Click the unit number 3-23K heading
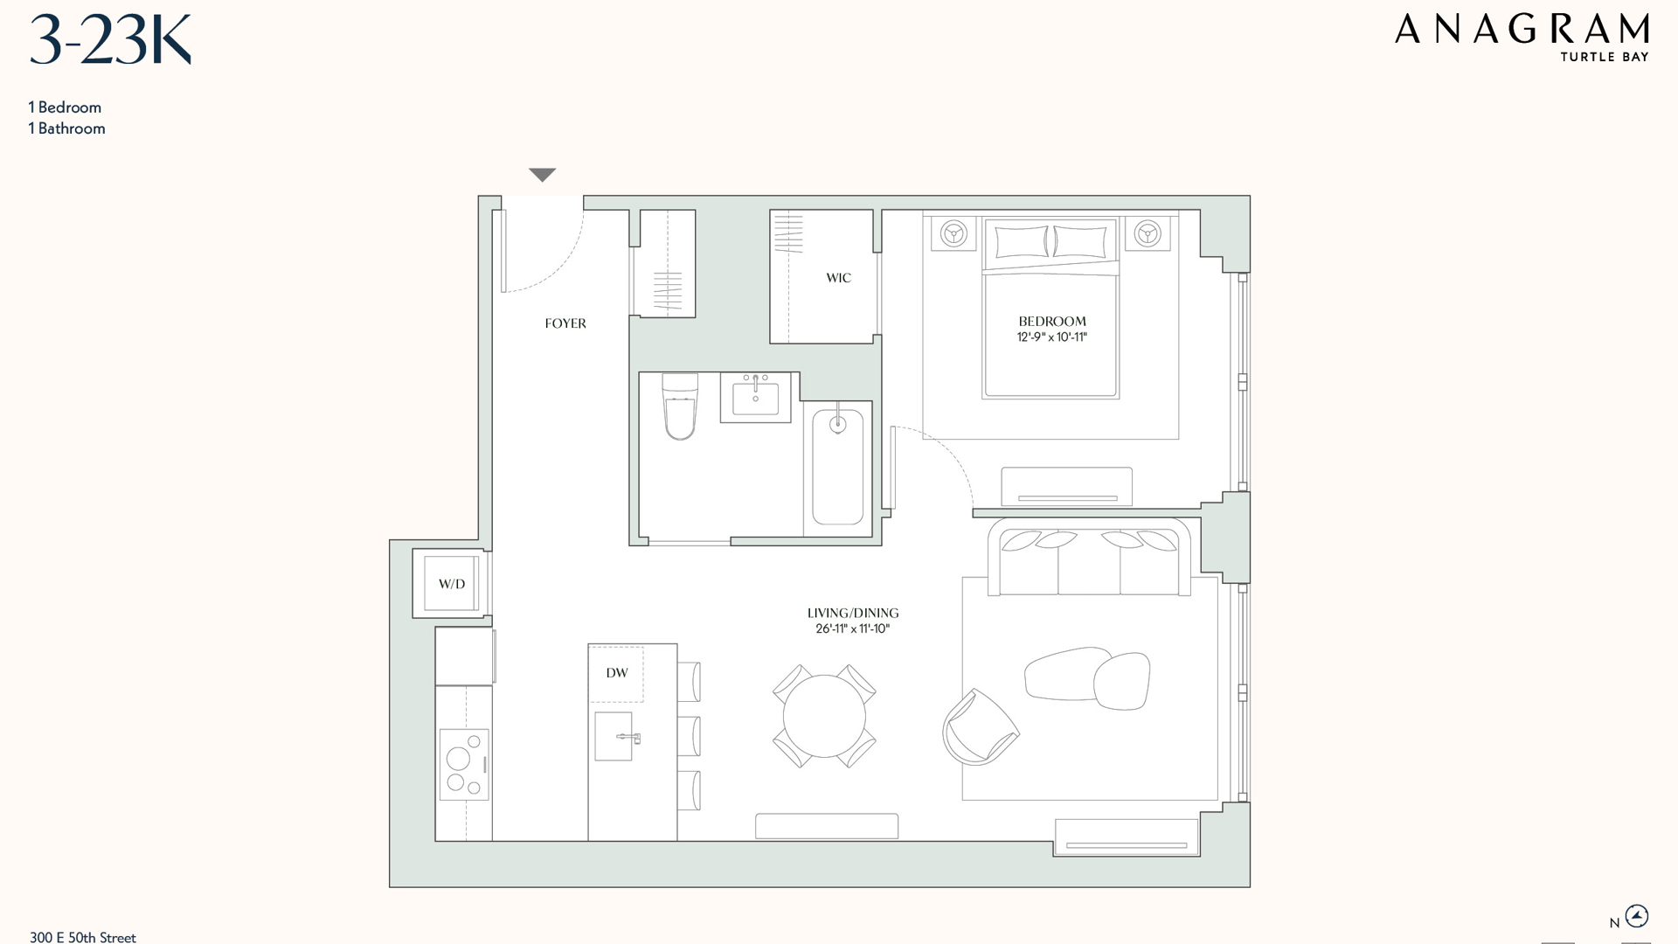coord(110,40)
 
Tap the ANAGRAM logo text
coord(1522,30)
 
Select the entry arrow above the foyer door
coord(543,175)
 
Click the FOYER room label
coord(565,323)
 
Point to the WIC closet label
coord(838,278)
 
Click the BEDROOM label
coord(1052,321)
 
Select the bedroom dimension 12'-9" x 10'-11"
coord(1052,337)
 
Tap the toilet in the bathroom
coord(680,406)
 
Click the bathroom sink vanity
coord(755,398)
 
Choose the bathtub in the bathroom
coord(837,469)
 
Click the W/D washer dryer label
coord(452,584)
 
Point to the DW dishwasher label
coord(617,673)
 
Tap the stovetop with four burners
coord(464,765)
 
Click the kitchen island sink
coord(614,736)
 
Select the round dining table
coord(824,716)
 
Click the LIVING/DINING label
coord(853,614)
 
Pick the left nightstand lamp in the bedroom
coord(953,233)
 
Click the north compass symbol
coord(1636,916)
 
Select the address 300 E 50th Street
coord(83,937)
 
